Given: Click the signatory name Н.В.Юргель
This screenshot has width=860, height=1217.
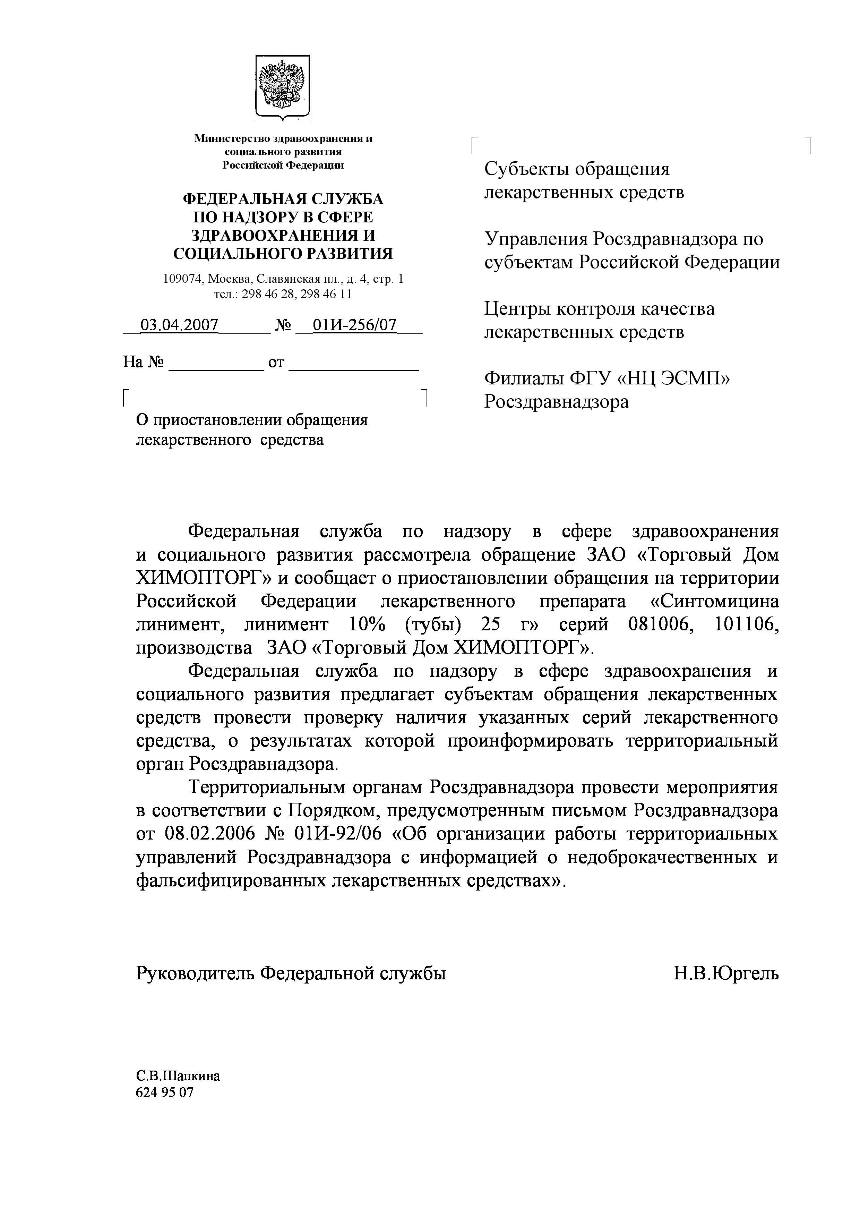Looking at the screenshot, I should pos(726,973).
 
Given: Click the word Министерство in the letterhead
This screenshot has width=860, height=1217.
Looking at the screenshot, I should pos(232,139).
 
